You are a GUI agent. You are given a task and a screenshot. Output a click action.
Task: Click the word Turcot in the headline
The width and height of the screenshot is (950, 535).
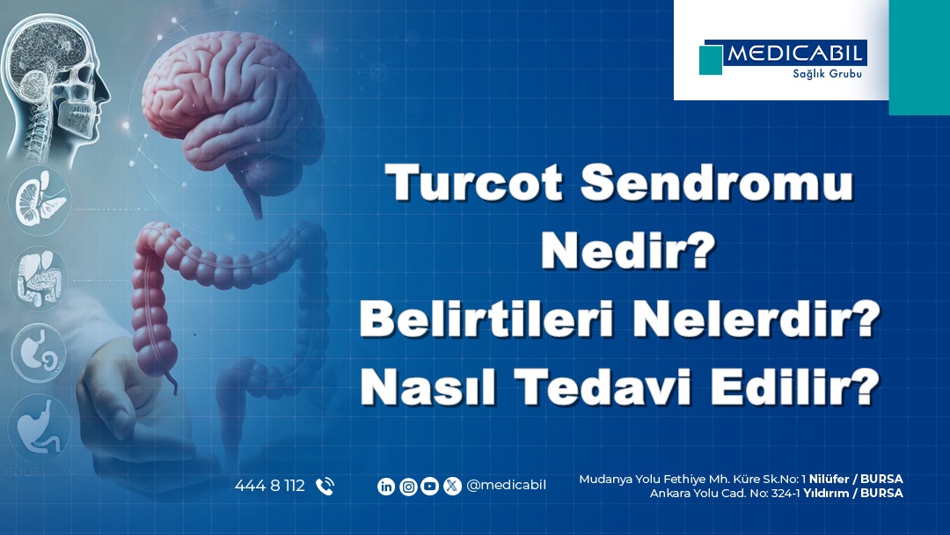474,182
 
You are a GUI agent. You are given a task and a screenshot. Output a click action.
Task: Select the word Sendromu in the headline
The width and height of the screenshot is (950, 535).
717,182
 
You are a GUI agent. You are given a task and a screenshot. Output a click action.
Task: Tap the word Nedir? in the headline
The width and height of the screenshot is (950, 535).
628,250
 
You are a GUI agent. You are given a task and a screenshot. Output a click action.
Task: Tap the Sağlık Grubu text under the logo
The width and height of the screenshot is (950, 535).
827,74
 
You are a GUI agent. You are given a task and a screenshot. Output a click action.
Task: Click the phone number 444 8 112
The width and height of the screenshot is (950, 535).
270,486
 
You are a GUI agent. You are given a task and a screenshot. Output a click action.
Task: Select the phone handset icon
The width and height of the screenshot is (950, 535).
325,486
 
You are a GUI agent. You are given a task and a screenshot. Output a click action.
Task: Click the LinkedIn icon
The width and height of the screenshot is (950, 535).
386,486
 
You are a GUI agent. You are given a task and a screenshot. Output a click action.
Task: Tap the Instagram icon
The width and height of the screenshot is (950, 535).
408,486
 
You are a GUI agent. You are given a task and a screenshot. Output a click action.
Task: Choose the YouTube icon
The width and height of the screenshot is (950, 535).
429,486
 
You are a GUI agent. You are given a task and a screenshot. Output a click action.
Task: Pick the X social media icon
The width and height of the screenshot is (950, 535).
452,486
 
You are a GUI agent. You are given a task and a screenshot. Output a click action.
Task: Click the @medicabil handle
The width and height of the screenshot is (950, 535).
506,486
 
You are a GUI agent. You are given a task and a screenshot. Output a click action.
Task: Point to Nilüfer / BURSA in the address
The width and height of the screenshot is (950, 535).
856,480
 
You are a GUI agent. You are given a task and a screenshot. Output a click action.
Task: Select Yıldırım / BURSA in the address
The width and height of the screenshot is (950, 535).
853,493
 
